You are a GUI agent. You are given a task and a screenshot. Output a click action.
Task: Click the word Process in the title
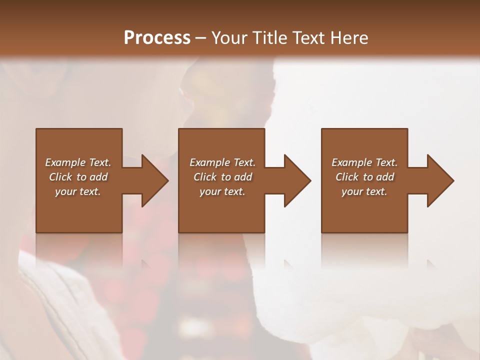157,38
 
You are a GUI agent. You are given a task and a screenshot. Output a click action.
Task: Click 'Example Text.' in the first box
78,162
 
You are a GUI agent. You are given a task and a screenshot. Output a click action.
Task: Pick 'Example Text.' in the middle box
222,162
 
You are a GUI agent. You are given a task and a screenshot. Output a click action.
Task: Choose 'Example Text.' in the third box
364,162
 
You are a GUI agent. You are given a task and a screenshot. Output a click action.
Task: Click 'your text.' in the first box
78,191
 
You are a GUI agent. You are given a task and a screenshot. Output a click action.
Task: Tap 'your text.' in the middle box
222,191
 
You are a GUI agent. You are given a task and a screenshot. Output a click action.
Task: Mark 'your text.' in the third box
364,191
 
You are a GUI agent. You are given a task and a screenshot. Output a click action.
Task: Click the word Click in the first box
60,177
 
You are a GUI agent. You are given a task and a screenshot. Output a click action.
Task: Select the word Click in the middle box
205,177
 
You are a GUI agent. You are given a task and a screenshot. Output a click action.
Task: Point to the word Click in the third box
347,177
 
